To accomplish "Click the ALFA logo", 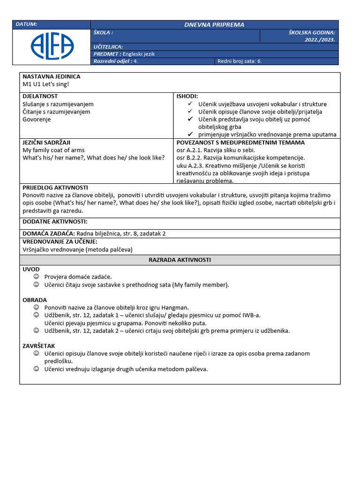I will tap(52, 45).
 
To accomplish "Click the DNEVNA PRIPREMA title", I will tap(214, 24).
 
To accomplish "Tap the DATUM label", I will tap(26, 24).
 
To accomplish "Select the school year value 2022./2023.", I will tap(320, 40).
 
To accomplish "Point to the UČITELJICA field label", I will tap(108, 47).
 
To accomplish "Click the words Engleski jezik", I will tap(139, 54).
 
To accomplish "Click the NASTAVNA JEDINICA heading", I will tap(52, 76).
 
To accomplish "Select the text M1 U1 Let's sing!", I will tap(46, 84).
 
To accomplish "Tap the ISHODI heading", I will tap(187, 96).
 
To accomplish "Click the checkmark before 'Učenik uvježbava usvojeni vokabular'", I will tap(190, 104).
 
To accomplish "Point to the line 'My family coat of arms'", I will tap(53, 150).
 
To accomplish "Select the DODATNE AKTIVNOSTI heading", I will tap(55, 222).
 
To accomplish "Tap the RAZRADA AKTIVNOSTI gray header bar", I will tap(180, 260).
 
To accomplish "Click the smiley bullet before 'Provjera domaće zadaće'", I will tap(37, 277).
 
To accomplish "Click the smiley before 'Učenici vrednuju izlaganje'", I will tap(37, 369).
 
